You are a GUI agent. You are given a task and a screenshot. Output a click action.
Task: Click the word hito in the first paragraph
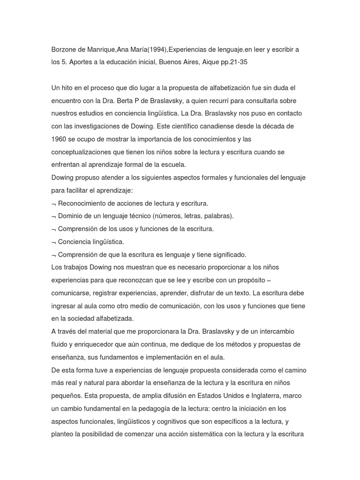point(69,88)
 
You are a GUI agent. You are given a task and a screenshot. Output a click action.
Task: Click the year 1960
point(60,140)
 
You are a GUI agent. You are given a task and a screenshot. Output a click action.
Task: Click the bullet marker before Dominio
point(54,217)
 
